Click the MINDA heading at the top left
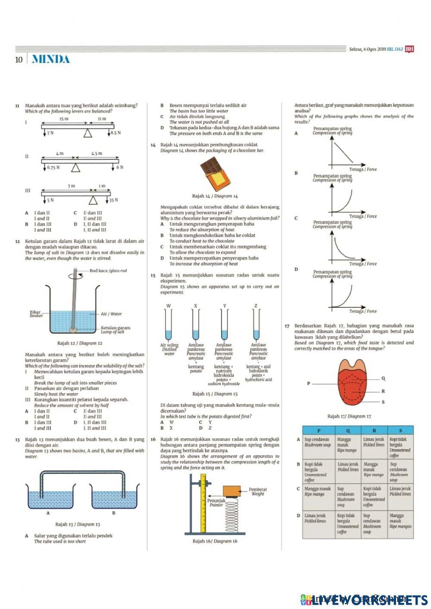50,59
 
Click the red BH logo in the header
409,49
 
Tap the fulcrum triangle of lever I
88,134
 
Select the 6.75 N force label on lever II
53,167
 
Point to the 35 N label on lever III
113,200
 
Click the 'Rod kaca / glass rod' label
108,271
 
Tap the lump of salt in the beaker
75,330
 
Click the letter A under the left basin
48,513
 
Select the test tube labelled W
169,325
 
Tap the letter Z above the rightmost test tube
256,306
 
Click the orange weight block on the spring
231,490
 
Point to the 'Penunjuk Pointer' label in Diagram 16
216,503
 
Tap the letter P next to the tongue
308,383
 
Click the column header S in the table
400,430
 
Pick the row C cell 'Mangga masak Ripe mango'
318,492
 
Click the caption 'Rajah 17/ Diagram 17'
349,416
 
